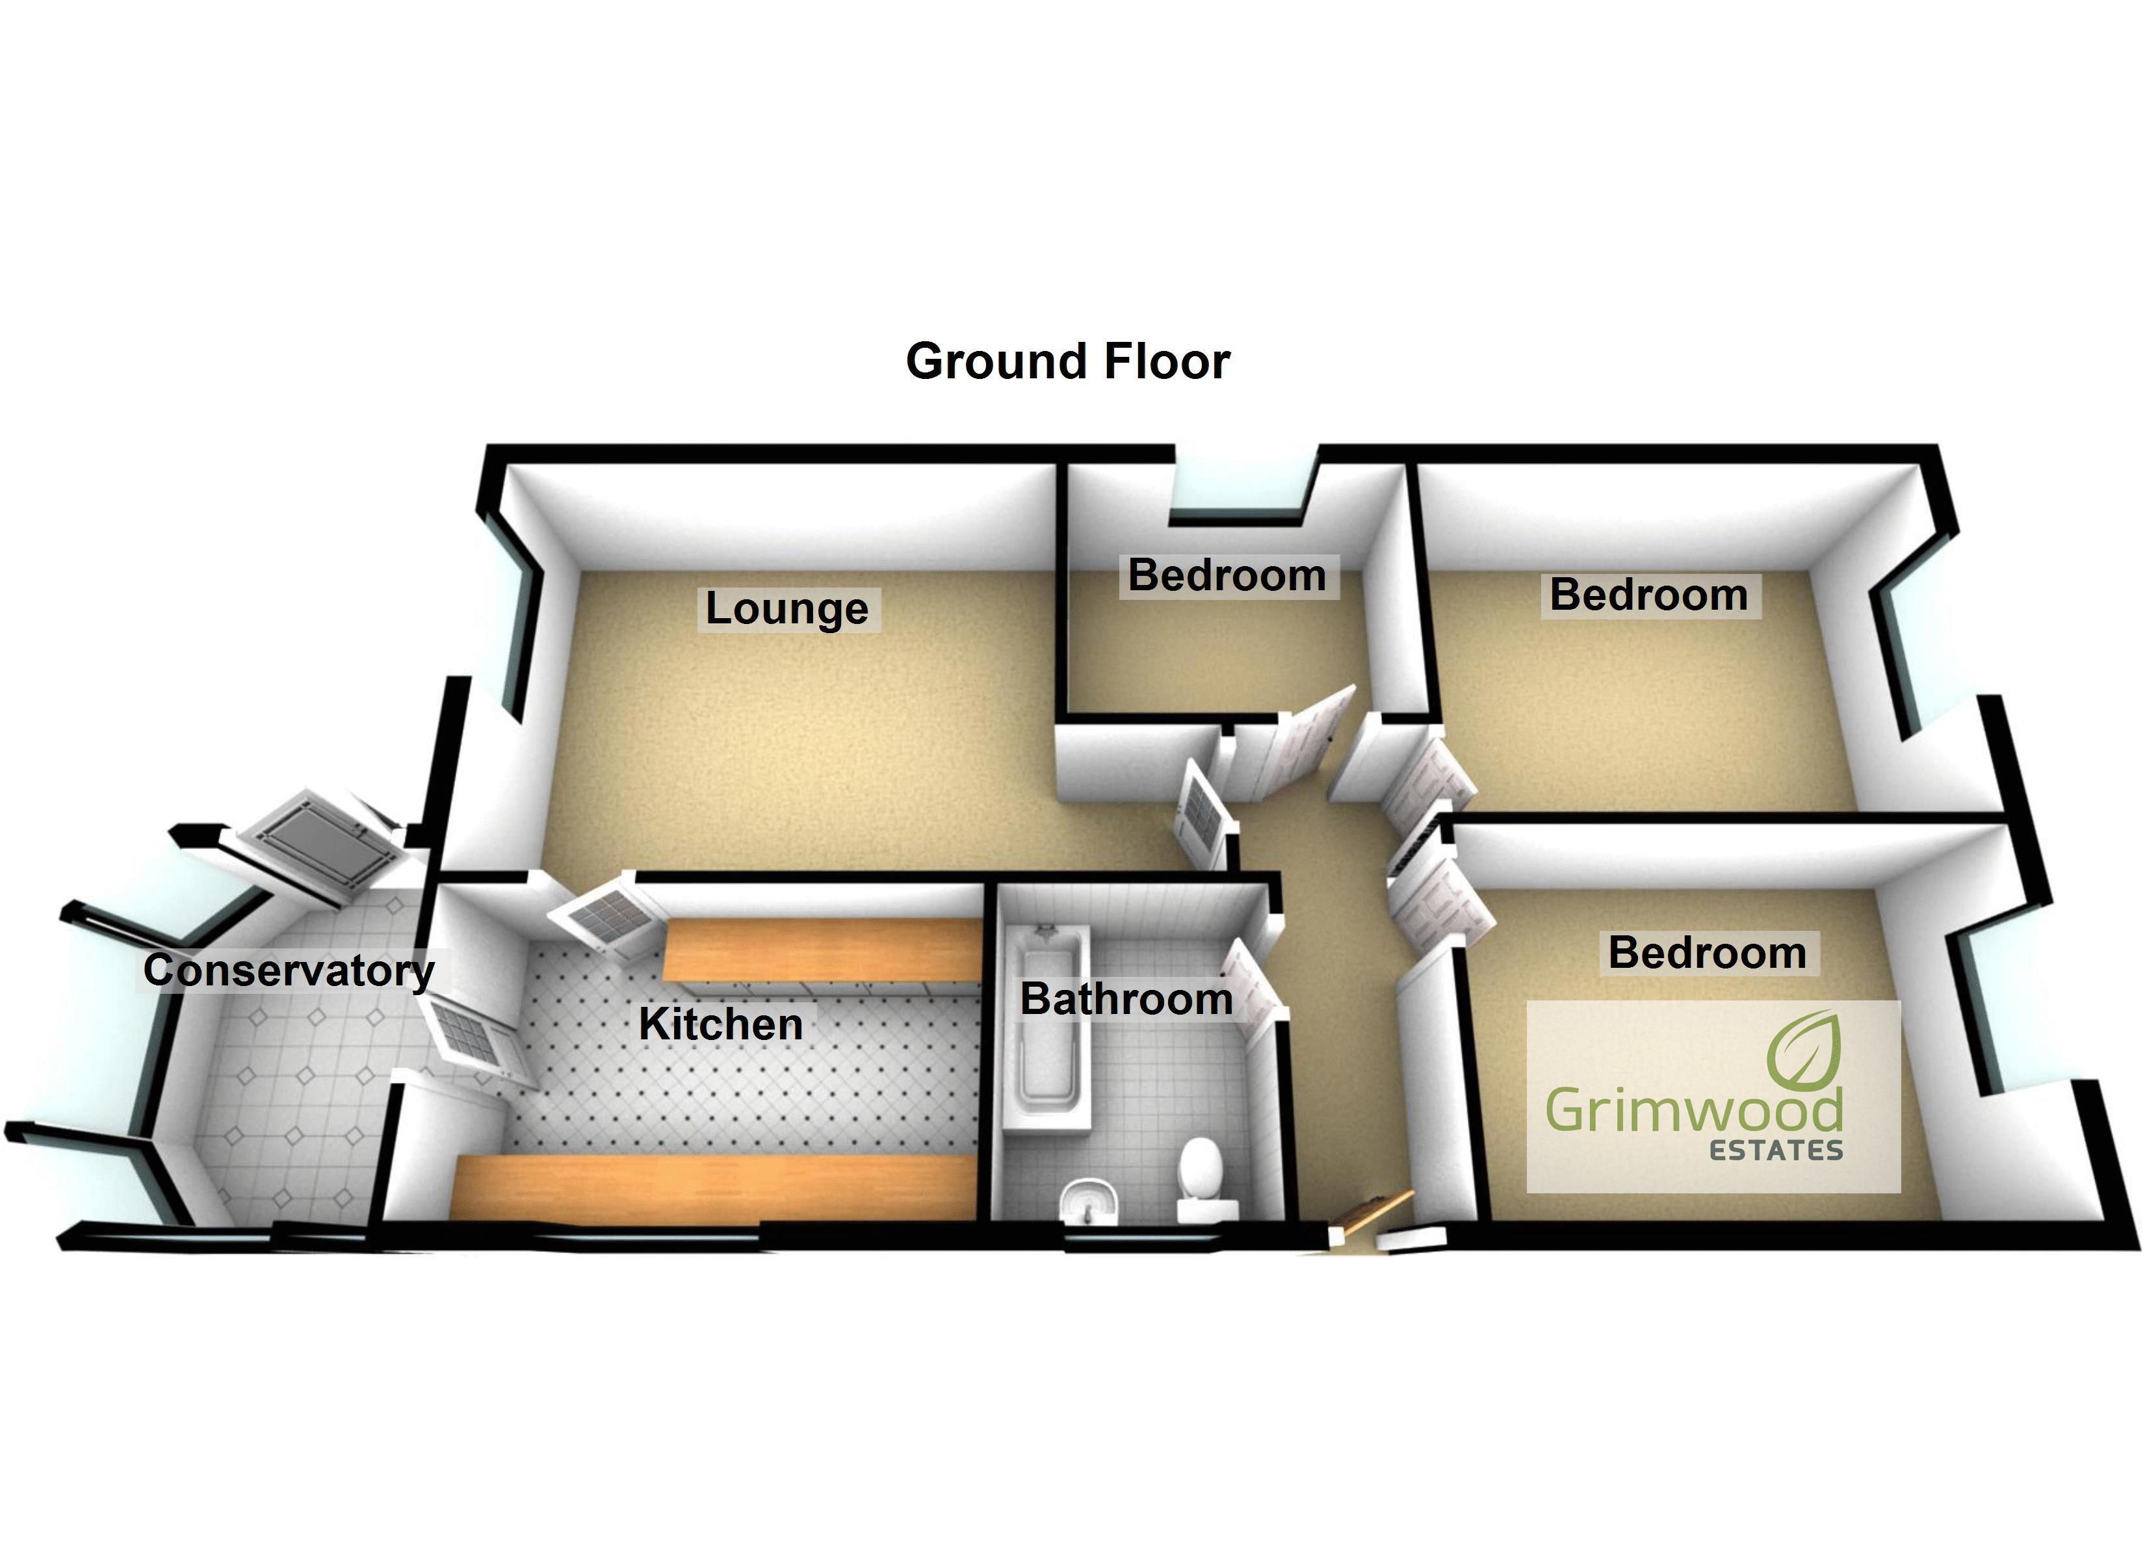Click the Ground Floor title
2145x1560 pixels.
coord(1068,361)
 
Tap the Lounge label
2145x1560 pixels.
coord(787,608)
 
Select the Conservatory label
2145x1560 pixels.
coord(289,970)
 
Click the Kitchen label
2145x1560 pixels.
coord(721,1024)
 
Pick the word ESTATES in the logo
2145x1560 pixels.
coord(1776,1150)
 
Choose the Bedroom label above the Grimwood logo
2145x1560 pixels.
coord(1707,953)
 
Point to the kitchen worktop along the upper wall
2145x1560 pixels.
coord(819,950)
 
